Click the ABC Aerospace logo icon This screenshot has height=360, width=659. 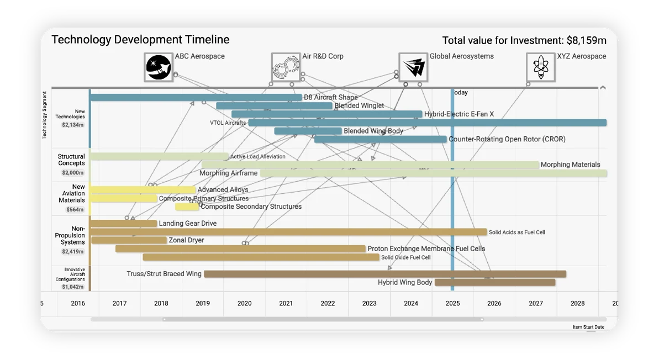[158, 67]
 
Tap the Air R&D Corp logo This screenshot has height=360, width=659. [286, 67]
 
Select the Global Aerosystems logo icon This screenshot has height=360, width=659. [413, 67]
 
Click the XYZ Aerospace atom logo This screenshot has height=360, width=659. [540, 67]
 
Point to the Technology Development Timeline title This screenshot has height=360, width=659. [140, 40]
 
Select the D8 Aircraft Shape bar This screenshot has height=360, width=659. [196, 98]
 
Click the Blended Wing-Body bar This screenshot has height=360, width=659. [308, 131]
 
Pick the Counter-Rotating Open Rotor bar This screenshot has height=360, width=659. [380, 140]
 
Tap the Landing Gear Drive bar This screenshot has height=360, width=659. [124, 224]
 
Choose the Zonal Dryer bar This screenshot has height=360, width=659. [129, 240]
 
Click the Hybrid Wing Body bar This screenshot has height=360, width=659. [494, 283]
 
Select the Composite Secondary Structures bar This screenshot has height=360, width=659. [187, 207]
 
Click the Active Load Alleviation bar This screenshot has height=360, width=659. [159, 157]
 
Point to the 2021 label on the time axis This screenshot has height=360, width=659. [286, 303]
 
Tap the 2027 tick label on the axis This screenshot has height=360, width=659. [536, 303]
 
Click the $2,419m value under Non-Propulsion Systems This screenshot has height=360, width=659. [73, 252]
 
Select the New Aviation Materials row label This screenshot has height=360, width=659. [72, 193]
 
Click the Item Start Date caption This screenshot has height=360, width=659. [588, 327]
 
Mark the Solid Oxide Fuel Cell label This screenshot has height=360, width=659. [406, 257]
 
